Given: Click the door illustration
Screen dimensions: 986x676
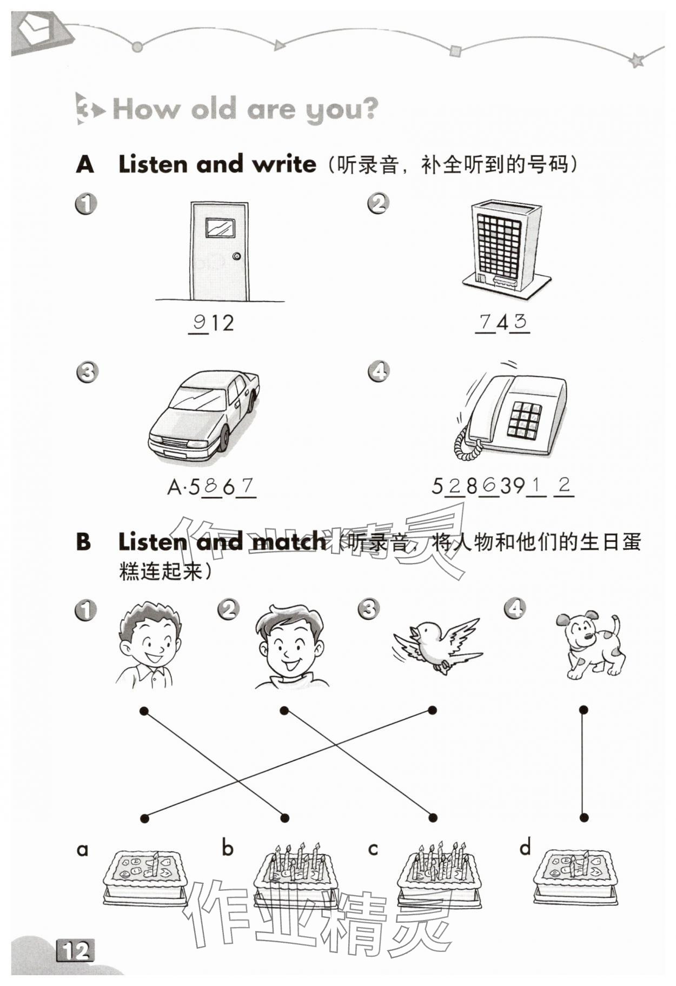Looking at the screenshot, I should (x=220, y=251).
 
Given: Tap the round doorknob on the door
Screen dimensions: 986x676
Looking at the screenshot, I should (x=236, y=256).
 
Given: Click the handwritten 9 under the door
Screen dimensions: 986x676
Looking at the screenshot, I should (x=199, y=322).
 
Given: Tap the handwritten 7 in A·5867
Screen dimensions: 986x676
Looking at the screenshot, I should (x=247, y=486).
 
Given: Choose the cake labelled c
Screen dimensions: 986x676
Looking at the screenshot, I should (x=439, y=877).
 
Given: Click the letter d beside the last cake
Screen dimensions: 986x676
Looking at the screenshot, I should (x=525, y=848).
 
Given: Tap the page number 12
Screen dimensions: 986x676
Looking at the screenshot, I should (x=75, y=950).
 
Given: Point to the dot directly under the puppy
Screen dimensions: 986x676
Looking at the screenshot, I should (x=584, y=710).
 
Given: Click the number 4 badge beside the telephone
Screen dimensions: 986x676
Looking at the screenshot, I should (x=379, y=371).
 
